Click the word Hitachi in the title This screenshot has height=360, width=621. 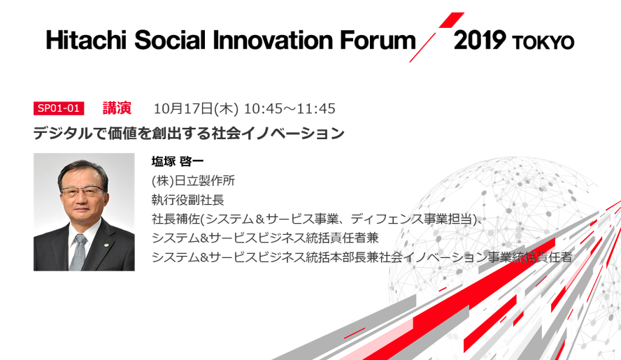click(85, 41)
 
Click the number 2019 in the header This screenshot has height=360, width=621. click(480, 40)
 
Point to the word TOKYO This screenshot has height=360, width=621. click(543, 42)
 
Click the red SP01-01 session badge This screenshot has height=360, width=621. click(59, 108)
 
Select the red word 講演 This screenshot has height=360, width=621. click(117, 108)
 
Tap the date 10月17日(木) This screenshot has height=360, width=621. click(196, 108)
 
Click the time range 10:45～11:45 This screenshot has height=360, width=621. click(290, 108)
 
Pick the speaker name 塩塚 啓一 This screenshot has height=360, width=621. click(178, 161)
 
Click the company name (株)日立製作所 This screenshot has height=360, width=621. click(193, 180)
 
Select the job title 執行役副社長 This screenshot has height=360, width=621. click(187, 200)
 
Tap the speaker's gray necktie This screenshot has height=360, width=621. click(78, 252)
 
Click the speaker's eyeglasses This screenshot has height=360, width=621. click(82, 192)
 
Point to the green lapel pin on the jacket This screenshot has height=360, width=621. click(106, 245)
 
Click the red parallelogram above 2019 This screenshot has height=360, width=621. click(452, 20)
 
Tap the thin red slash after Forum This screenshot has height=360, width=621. click(422, 48)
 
